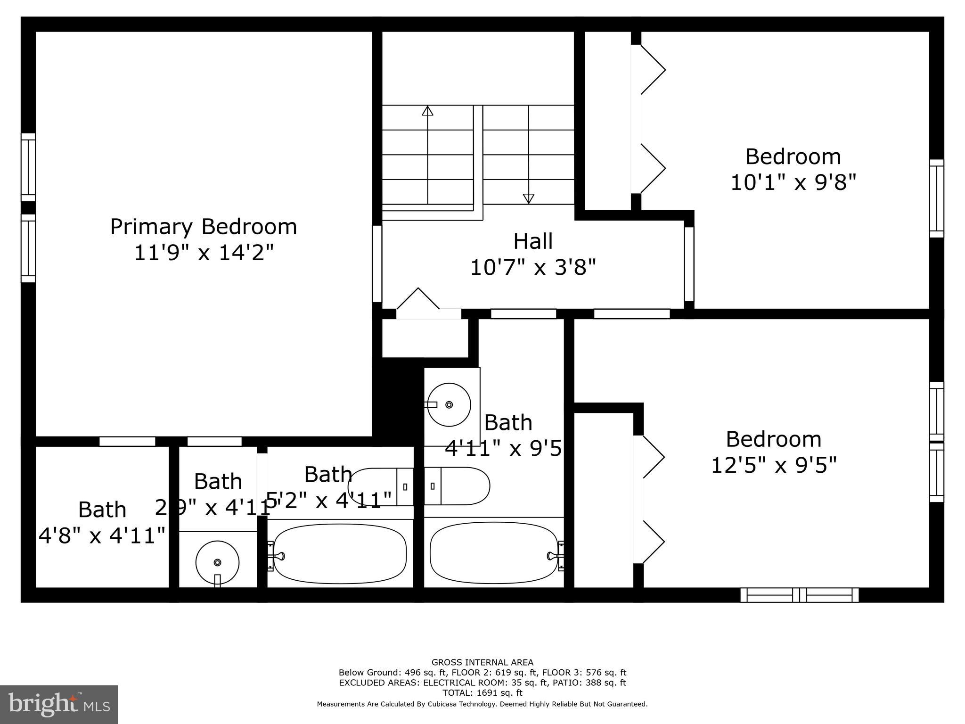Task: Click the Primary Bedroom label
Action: (204, 227)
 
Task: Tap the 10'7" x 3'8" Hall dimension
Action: (533, 268)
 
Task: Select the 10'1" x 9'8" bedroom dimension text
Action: (793, 182)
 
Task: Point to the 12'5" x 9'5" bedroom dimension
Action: (773, 465)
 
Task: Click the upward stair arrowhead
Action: (427, 111)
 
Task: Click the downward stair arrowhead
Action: (529, 199)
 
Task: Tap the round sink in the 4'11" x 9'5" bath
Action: (449, 404)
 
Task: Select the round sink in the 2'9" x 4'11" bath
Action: (217, 562)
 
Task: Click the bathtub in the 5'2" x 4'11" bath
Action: (340, 554)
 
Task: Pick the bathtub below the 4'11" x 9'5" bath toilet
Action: (493, 554)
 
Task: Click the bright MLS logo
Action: (59, 704)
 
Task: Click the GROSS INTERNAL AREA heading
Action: (482, 662)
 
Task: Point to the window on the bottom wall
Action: (799, 595)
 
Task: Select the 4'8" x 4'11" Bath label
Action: (102, 523)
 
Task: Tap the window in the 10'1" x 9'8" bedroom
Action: (936, 198)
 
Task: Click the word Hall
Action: (533, 241)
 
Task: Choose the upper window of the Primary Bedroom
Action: (28, 167)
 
